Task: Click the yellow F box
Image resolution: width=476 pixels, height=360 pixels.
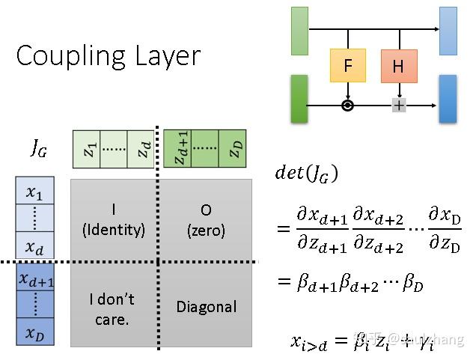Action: pos(348,66)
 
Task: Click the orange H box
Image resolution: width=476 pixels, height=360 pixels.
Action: pos(398,67)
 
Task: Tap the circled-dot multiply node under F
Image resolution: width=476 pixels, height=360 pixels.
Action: pos(348,106)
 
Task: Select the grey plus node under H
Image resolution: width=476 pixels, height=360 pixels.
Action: pos(399,106)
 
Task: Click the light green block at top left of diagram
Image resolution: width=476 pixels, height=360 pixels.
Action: pos(299,31)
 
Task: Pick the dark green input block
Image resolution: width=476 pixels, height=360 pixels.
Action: pos(299,98)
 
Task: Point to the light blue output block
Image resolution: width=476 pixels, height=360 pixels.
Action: pos(448,31)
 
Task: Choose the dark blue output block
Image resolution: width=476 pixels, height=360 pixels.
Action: pos(448,98)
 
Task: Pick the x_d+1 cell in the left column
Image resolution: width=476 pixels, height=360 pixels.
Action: pos(35,279)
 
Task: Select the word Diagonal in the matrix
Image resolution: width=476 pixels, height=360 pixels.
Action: pos(207,306)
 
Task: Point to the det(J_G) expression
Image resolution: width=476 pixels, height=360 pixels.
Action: pos(307,174)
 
